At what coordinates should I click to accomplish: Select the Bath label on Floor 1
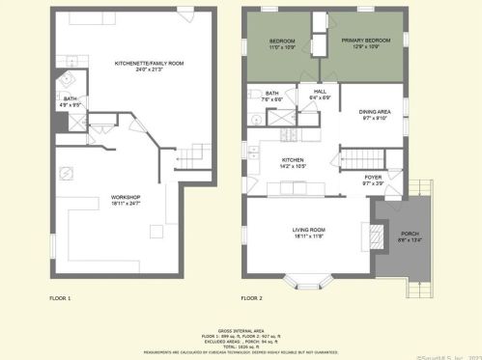pyautogui.click(x=70, y=99)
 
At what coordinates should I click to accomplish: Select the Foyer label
pyautogui.click(x=373, y=179)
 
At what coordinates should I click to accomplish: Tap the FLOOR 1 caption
pyautogui.click(x=61, y=298)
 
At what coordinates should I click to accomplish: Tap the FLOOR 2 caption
pyautogui.click(x=251, y=298)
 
